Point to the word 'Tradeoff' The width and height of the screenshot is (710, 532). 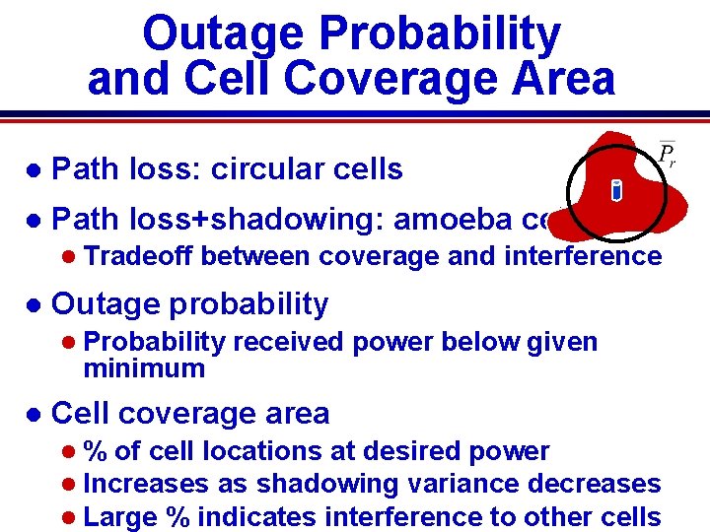pos(139,256)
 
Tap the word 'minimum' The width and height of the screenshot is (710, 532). pos(144,369)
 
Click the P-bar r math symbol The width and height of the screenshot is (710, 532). pos(667,155)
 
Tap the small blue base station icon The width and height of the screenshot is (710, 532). pos(616,190)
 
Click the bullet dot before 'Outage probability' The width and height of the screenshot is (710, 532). pos(34,305)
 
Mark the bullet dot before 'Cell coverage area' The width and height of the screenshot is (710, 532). pos(34,414)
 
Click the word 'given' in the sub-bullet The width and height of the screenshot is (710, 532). pos(562,342)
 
